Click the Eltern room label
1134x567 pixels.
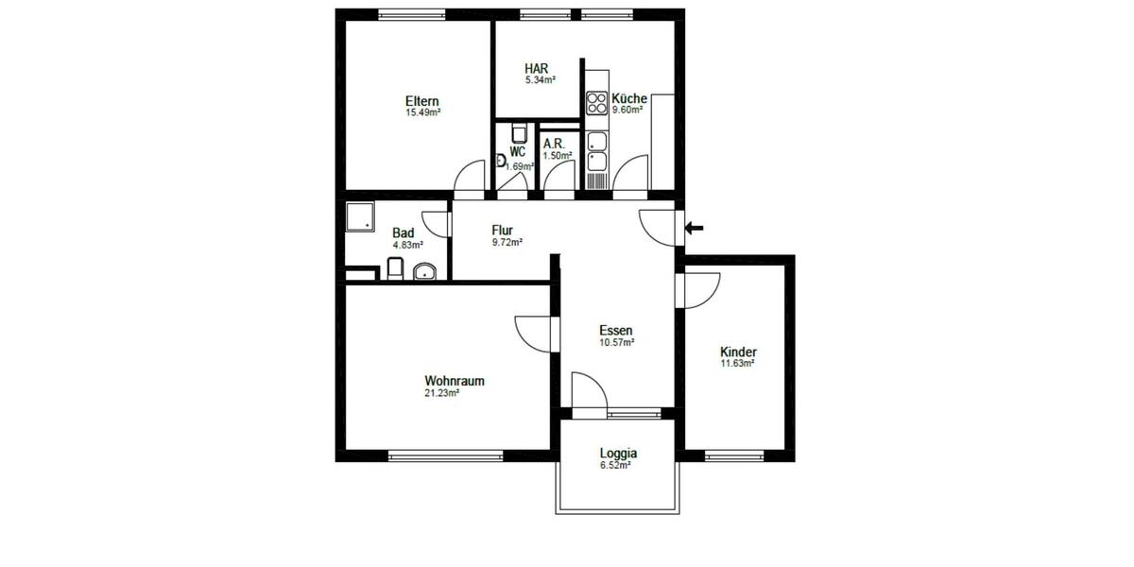421,101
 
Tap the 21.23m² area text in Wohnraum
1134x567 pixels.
441,393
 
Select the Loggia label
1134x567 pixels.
618,453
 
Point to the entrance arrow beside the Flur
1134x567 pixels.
695,228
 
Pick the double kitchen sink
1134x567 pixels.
596,151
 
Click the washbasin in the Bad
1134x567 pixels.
424,272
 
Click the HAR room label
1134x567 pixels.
537,68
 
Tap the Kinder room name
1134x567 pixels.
738,352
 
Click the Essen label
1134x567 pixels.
615,330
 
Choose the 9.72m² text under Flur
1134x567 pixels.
507,242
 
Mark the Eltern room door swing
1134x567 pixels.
468,177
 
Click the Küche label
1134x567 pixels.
628,98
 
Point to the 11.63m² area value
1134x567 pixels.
738,364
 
